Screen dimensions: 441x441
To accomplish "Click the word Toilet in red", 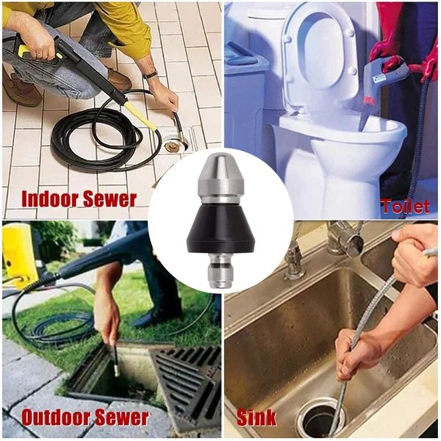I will [405, 207].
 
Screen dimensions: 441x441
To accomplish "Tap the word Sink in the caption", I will [257, 417].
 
